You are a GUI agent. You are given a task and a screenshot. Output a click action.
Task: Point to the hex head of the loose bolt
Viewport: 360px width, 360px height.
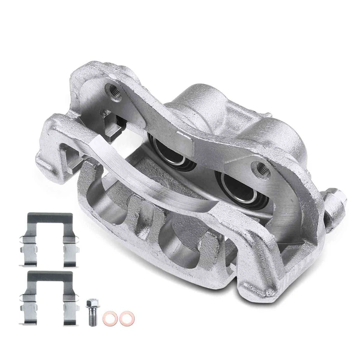click(92, 304)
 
